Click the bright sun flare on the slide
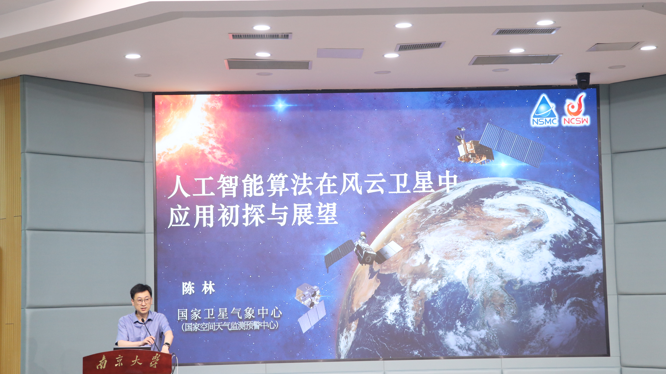coord(189,129)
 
